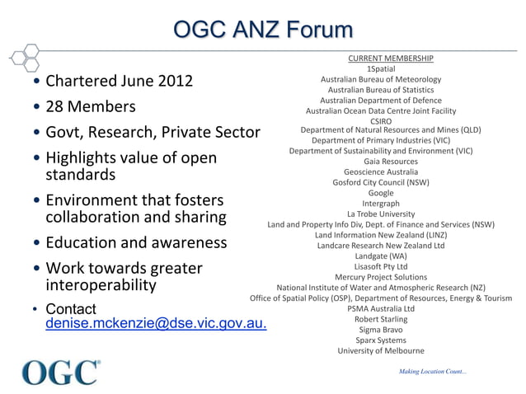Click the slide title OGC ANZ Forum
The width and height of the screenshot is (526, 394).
tap(263, 31)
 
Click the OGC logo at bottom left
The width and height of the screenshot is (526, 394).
tap(61, 373)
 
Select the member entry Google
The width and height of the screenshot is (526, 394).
tap(380, 193)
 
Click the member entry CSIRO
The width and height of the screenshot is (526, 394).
tap(381, 121)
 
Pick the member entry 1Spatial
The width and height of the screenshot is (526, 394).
tap(381, 69)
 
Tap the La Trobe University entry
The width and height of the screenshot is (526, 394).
tap(381, 213)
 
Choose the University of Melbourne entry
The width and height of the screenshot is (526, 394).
tap(381, 350)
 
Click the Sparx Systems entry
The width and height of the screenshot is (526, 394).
tap(381, 340)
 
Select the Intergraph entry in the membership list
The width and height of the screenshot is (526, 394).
tap(381, 204)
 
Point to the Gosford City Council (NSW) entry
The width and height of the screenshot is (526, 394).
tap(381, 182)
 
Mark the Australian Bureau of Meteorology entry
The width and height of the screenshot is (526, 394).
tap(381, 79)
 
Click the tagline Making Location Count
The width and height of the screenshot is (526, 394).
tap(433, 373)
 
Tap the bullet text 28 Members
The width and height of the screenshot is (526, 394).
tap(91, 107)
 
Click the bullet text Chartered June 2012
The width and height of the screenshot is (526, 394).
tap(119, 82)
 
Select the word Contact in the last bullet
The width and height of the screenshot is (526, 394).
tap(71, 309)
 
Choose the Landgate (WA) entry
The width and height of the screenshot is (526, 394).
tap(381, 256)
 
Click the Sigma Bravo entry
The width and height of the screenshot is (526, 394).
tap(381, 329)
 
